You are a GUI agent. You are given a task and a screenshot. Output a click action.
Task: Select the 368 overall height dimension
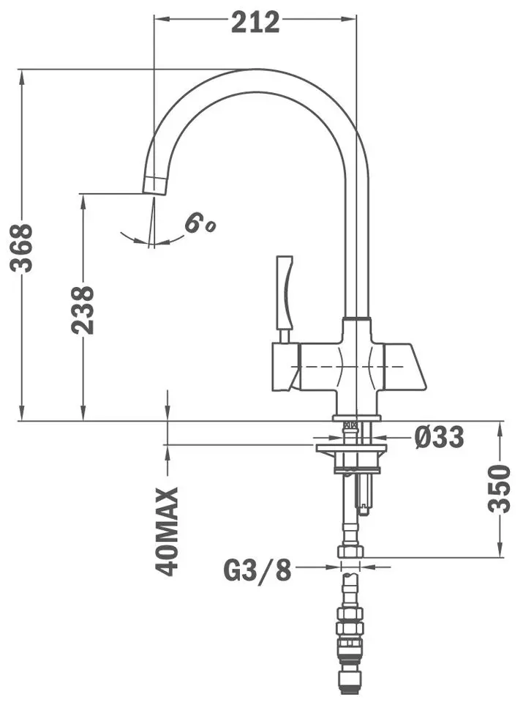click(x=24, y=247)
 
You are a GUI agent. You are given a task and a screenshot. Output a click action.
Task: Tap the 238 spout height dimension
click(x=84, y=310)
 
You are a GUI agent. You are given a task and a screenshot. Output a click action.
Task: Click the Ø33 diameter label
click(x=439, y=438)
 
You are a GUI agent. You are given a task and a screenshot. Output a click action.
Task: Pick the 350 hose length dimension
click(x=501, y=489)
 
